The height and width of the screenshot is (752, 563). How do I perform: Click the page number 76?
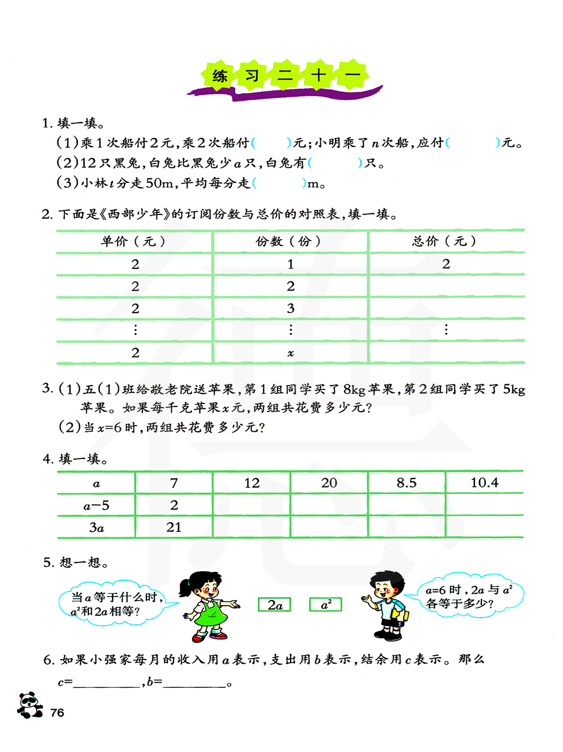57,713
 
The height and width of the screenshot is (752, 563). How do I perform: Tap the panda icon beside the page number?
29,705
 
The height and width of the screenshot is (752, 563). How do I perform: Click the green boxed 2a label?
275,605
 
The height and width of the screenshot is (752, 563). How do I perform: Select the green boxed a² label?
325,605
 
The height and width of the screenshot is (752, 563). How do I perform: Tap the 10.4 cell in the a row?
484,483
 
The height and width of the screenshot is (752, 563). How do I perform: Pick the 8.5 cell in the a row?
406,483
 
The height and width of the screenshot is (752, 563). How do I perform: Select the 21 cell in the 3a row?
174,527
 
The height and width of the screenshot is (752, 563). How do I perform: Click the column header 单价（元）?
134,241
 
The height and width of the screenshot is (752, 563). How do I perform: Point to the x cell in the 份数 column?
291,353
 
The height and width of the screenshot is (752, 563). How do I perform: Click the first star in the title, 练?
220,75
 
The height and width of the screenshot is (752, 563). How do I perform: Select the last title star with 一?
352,75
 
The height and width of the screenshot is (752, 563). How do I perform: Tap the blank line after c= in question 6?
107,683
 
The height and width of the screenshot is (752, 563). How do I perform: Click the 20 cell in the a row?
329,483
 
